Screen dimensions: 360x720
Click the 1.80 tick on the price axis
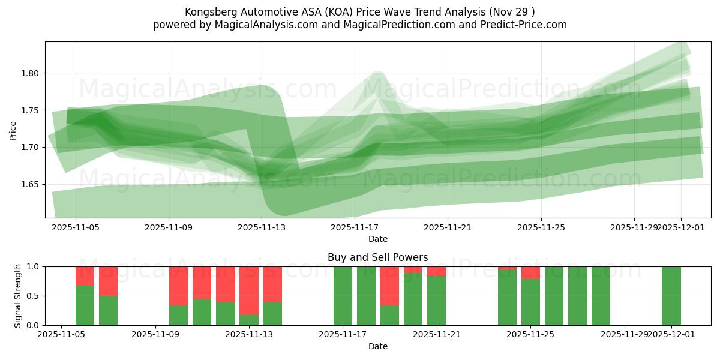tap(30, 73)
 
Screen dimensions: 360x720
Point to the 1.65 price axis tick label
tap(30, 184)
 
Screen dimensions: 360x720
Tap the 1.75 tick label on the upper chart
tap(30, 110)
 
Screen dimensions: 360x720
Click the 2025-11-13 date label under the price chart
tap(262, 227)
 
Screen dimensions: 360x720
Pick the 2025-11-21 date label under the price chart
tap(448, 227)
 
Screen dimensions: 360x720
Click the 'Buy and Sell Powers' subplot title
tap(377, 257)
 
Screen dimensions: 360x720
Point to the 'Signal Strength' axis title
tap(18, 296)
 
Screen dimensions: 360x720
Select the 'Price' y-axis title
tap(13, 130)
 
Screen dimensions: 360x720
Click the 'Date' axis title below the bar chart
tap(377, 346)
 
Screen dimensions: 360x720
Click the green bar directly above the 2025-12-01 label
tap(671, 296)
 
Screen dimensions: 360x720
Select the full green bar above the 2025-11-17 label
tap(343, 296)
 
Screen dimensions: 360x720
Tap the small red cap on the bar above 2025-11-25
tap(530, 272)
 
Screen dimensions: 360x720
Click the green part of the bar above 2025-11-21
tap(437, 301)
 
